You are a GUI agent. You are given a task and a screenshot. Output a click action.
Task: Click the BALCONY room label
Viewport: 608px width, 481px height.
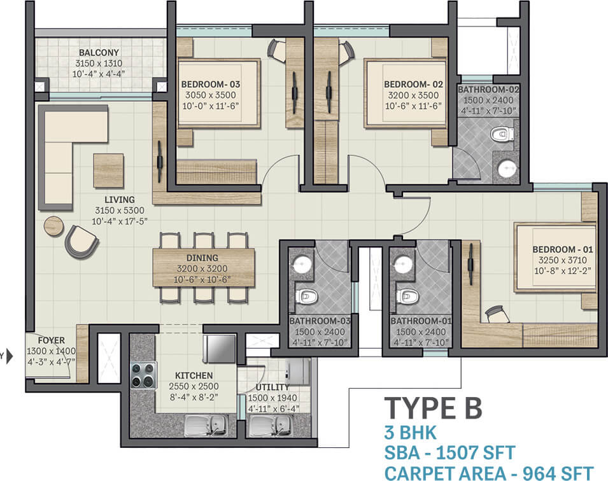(x=99, y=52)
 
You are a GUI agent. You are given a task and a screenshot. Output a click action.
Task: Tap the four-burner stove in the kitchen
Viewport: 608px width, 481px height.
(x=143, y=375)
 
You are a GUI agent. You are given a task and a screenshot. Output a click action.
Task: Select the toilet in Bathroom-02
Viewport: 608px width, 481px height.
(x=502, y=134)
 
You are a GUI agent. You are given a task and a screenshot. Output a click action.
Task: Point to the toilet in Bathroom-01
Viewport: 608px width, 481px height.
(x=407, y=297)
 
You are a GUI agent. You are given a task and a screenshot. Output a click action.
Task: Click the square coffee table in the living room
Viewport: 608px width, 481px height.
(x=109, y=171)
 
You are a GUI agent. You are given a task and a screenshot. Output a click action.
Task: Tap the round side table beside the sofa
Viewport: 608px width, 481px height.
(x=53, y=226)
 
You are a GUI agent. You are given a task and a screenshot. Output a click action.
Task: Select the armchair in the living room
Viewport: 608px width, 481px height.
(x=81, y=242)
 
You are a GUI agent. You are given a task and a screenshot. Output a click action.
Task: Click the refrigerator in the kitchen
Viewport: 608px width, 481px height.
(x=220, y=348)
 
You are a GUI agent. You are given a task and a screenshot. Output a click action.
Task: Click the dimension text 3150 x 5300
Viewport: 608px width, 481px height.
(x=120, y=211)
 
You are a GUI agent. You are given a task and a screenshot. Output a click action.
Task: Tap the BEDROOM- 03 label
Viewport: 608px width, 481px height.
(x=211, y=84)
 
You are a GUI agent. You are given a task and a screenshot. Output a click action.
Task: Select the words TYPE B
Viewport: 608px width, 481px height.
(x=433, y=408)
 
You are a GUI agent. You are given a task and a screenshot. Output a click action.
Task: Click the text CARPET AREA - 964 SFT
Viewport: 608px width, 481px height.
(x=489, y=473)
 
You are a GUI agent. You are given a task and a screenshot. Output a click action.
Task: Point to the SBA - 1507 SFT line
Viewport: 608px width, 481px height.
(x=450, y=453)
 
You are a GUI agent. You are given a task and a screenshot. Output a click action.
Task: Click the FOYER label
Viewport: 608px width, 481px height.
(x=51, y=340)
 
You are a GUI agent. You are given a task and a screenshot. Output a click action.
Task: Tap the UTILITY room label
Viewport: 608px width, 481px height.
(x=272, y=387)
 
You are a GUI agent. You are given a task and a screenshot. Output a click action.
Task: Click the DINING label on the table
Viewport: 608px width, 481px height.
(x=202, y=258)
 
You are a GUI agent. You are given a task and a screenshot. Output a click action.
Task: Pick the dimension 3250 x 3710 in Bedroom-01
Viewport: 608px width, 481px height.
(x=563, y=260)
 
